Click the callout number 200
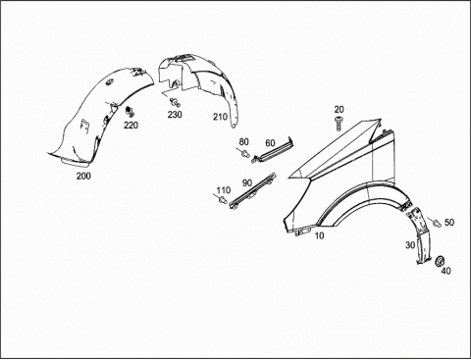coord(83,176)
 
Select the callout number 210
coord(220,117)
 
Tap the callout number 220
coord(131,125)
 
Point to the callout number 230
coord(175,115)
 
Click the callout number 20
coord(340,109)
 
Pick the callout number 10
coord(319,235)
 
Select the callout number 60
coord(270,143)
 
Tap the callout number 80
coord(243,142)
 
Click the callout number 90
coord(247,182)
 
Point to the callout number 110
coord(224,190)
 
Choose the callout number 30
coord(410,245)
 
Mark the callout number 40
coord(445,271)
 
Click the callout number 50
coord(449,223)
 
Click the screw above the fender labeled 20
coord(339,124)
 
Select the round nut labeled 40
coord(440,261)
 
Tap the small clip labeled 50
coord(437,224)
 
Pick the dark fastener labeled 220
coord(130,111)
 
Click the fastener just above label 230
coord(175,102)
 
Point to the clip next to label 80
coord(245,153)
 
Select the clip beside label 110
coord(223,200)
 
